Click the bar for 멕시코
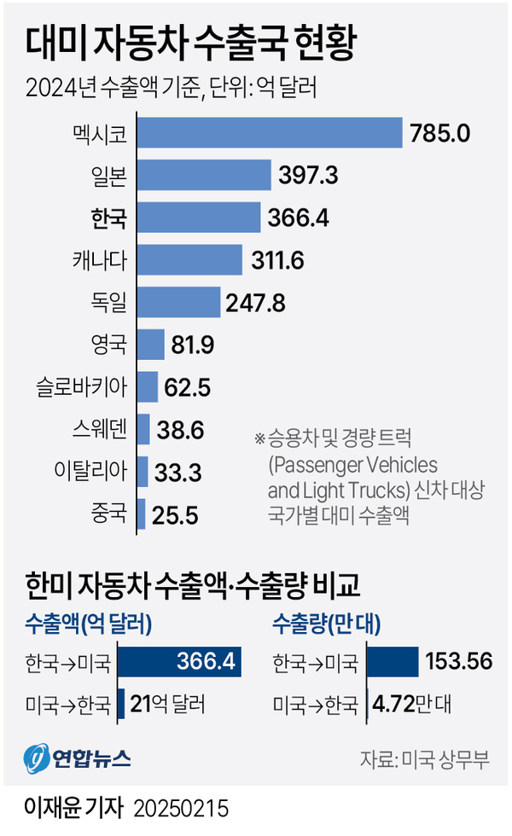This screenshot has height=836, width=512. pyautogui.click(x=269, y=133)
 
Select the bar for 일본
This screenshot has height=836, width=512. pyautogui.click(x=203, y=175)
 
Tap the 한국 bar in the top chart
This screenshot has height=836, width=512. pyautogui.click(x=198, y=218)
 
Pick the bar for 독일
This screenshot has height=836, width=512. pyautogui.click(x=177, y=301)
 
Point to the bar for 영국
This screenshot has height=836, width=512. pyautogui.click(x=150, y=344)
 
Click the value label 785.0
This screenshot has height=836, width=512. pyautogui.click(x=439, y=134)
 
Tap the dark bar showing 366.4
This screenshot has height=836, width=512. pyautogui.click(x=179, y=661)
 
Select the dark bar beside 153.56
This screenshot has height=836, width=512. pyautogui.click(x=393, y=661)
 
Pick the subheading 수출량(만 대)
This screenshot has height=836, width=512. pyautogui.click(x=323, y=624)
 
